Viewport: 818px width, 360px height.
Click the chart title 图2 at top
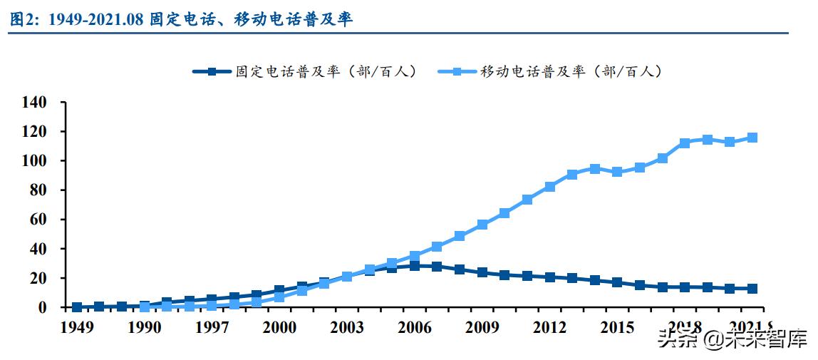pyautogui.click(x=182, y=19)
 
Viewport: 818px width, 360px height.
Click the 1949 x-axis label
pyautogui.click(x=76, y=328)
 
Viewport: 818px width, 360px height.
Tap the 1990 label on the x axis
pyautogui.click(x=144, y=328)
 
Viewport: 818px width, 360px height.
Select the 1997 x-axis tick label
pyautogui.click(x=212, y=328)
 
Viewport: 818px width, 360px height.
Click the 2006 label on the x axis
pyautogui.click(x=414, y=328)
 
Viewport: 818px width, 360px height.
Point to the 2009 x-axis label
pyautogui.click(x=482, y=328)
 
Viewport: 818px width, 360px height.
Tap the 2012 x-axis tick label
pyautogui.click(x=549, y=328)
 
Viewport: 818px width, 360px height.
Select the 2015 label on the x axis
pyautogui.click(x=617, y=328)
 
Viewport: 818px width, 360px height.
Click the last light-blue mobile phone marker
pyautogui.click(x=752, y=138)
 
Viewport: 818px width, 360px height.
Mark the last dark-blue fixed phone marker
pyautogui.click(x=752, y=289)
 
